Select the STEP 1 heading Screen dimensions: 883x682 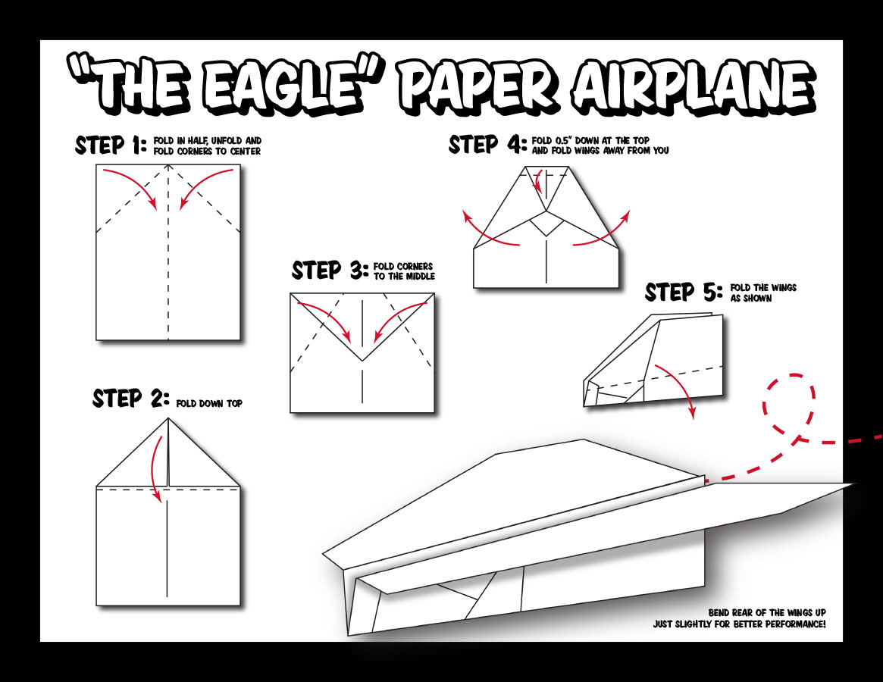(x=111, y=145)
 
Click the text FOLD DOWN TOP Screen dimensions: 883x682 (x=209, y=404)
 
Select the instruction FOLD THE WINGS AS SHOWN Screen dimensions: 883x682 (x=763, y=293)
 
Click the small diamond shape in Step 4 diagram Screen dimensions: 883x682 (x=547, y=225)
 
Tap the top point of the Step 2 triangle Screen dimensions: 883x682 (x=168, y=418)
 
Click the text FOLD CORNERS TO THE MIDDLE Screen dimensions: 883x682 (x=403, y=271)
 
